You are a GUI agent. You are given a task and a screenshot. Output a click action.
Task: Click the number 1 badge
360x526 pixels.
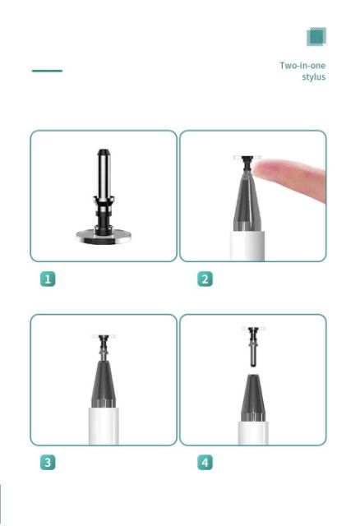pyautogui.click(x=48, y=279)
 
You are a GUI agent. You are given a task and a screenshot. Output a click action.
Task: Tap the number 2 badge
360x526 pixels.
pyautogui.click(x=205, y=279)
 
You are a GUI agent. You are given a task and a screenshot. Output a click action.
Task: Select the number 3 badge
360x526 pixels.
pyautogui.click(x=48, y=462)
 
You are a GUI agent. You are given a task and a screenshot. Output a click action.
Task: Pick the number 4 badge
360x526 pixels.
pyautogui.click(x=205, y=462)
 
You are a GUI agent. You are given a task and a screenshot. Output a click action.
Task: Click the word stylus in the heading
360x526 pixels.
pyautogui.click(x=313, y=76)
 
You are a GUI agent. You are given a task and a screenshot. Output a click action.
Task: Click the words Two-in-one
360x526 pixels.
pyautogui.click(x=302, y=65)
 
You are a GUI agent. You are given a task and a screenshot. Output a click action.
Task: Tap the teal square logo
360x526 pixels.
pyautogui.click(x=316, y=36)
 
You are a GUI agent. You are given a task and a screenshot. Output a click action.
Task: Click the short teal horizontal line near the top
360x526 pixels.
pyautogui.click(x=48, y=71)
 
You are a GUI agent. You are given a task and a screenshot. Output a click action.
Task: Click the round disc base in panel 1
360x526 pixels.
pyautogui.click(x=104, y=236)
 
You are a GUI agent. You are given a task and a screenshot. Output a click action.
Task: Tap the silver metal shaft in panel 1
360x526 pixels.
pyautogui.click(x=104, y=173)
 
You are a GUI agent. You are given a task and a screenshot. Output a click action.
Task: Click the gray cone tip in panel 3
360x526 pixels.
pyautogui.click(x=104, y=384)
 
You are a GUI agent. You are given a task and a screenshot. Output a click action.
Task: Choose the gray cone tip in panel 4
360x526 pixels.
pyautogui.click(x=253, y=398)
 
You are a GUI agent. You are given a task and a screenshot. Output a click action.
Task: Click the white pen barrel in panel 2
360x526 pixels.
pyautogui.click(x=247, y=246)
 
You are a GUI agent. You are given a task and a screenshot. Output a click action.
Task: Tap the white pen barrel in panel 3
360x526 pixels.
pyautogui.click(x=104, y=426)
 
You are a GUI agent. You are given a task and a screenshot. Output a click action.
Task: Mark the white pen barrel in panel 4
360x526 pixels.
pyautogui.click(x=253, y=433)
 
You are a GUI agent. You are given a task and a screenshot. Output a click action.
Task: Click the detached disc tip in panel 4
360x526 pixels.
pyautogui.click(x=253, y=347)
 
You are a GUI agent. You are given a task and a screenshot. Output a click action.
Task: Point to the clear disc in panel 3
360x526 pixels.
pyautogui.click(x=104, y=336)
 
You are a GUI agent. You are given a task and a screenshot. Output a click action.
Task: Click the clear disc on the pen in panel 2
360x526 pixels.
pyautogui.click(x=247, y=157)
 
